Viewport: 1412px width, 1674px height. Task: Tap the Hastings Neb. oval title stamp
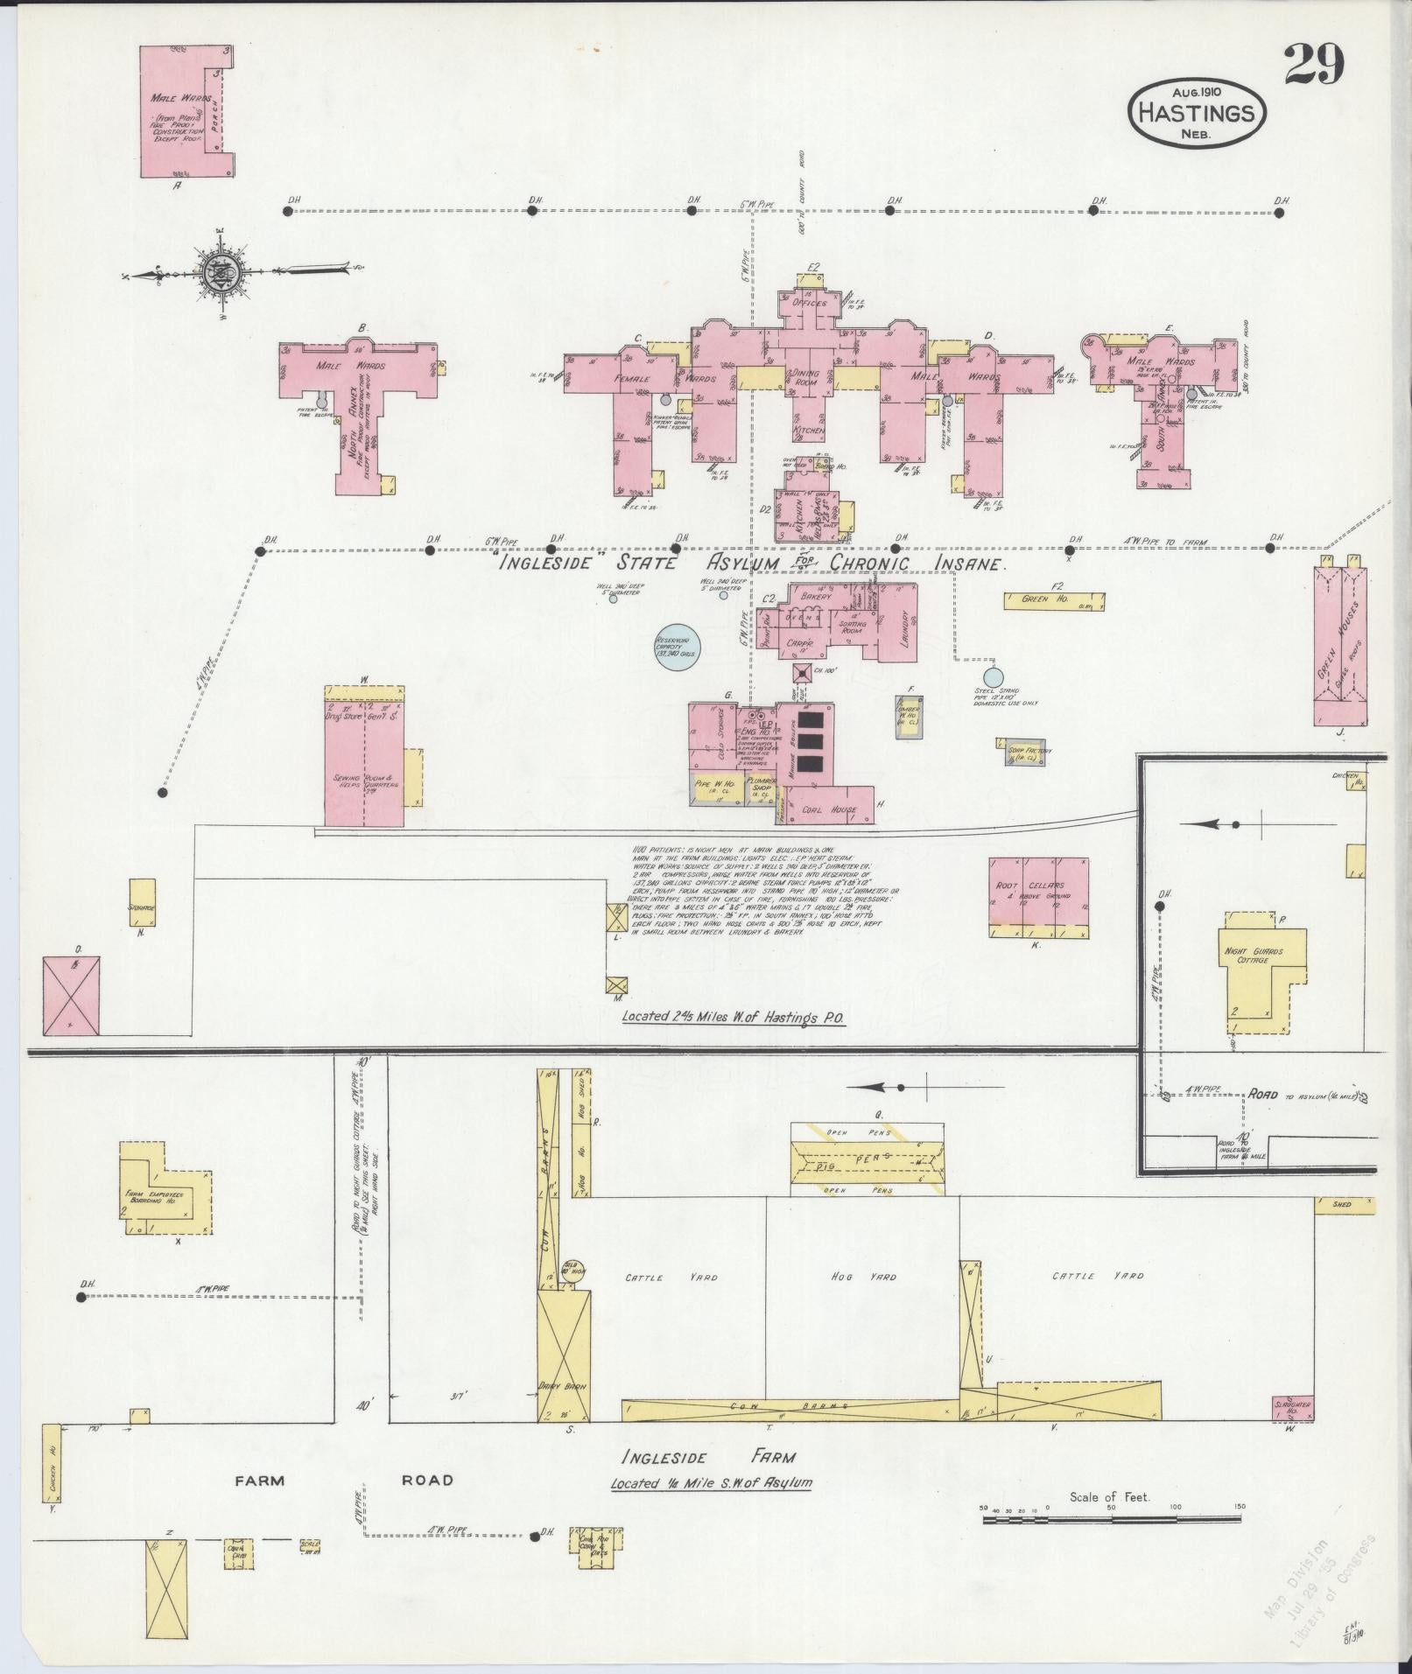tap(1197, 112)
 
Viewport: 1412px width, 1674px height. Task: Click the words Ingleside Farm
tap(709, 1456)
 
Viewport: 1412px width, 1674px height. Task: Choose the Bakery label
tap(814, 597)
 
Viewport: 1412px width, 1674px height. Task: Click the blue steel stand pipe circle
tap(992, 676)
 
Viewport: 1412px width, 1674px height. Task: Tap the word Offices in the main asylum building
tap(810, 303)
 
